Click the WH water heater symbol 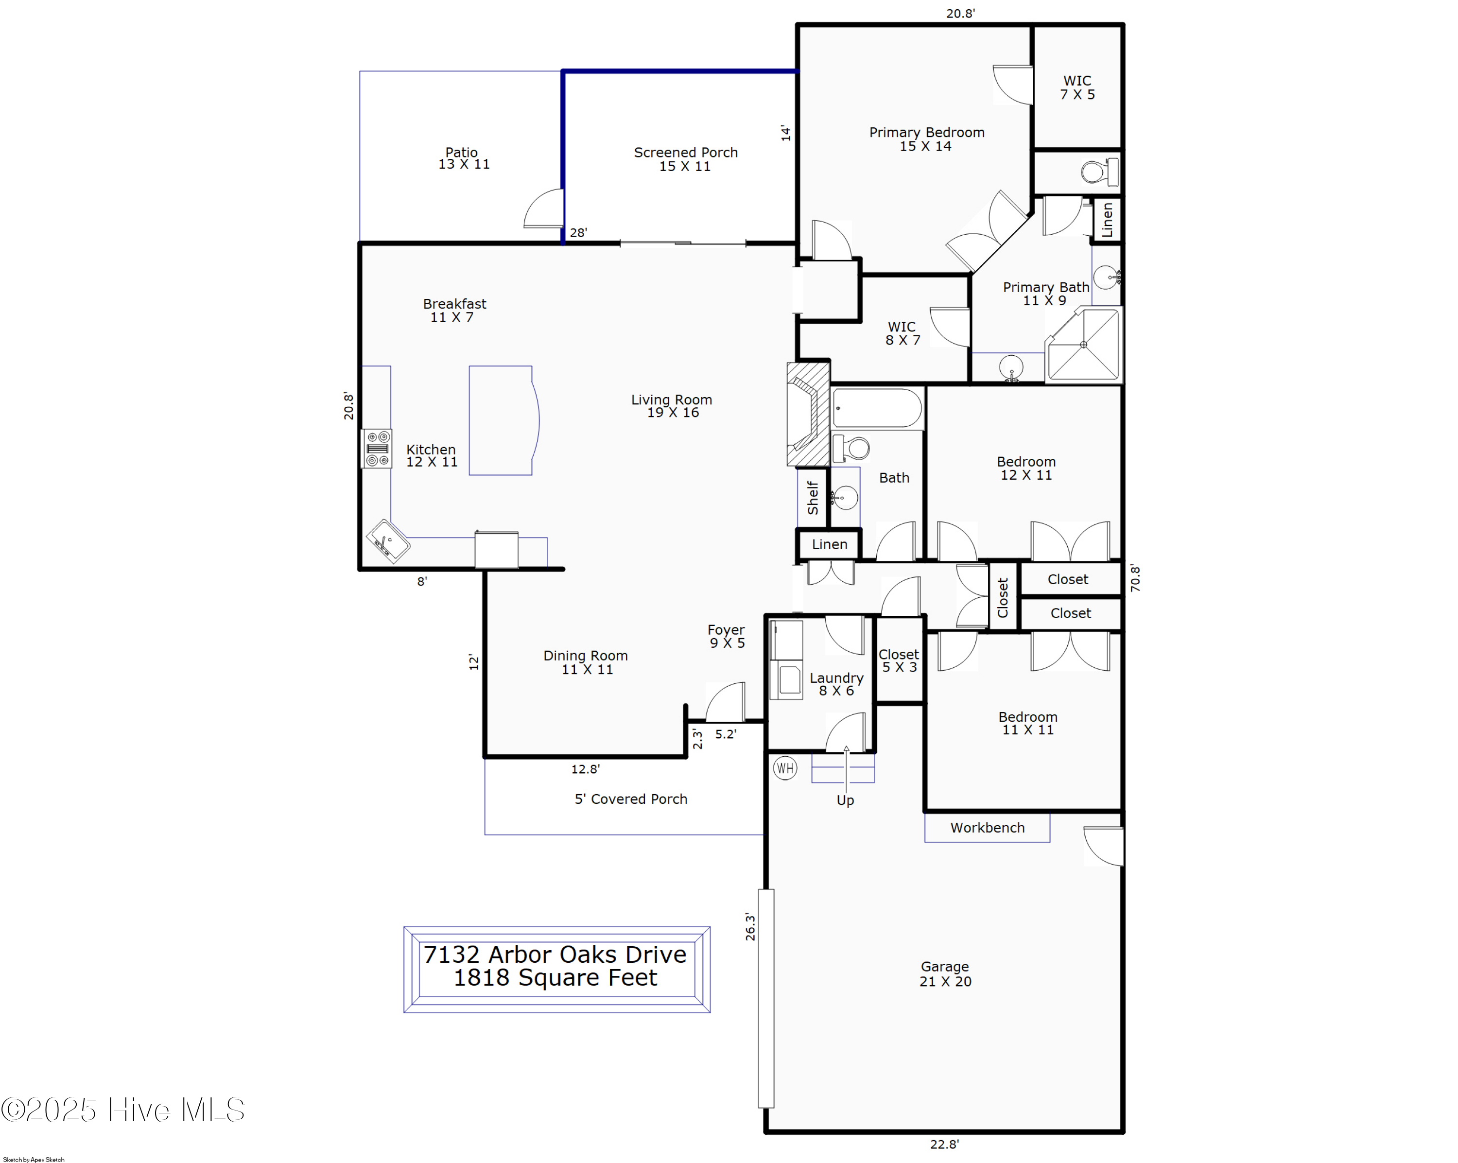click(784, 768)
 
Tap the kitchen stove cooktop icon click(377, 448)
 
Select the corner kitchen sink click(387, 541)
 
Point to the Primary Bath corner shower click(1083, 345)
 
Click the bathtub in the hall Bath click(876, 408)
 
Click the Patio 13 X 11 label click(463, 158)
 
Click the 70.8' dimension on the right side click(1135, 579)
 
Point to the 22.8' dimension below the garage click(944, 1144)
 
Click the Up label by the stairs click(845, 800)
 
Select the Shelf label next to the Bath click(812, 498)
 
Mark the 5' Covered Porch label click(630, 799)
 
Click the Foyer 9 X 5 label click(726, 636)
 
